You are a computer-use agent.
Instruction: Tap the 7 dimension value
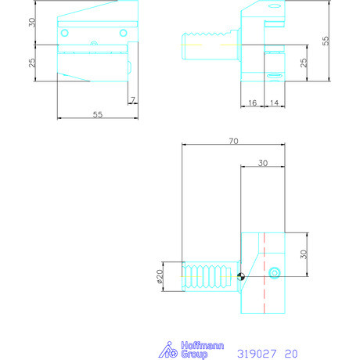click(133, 100)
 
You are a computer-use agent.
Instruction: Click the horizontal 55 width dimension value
click(98, 114)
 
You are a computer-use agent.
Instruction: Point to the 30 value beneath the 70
click(261, 163)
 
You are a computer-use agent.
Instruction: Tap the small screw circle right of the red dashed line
click(273, 272)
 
